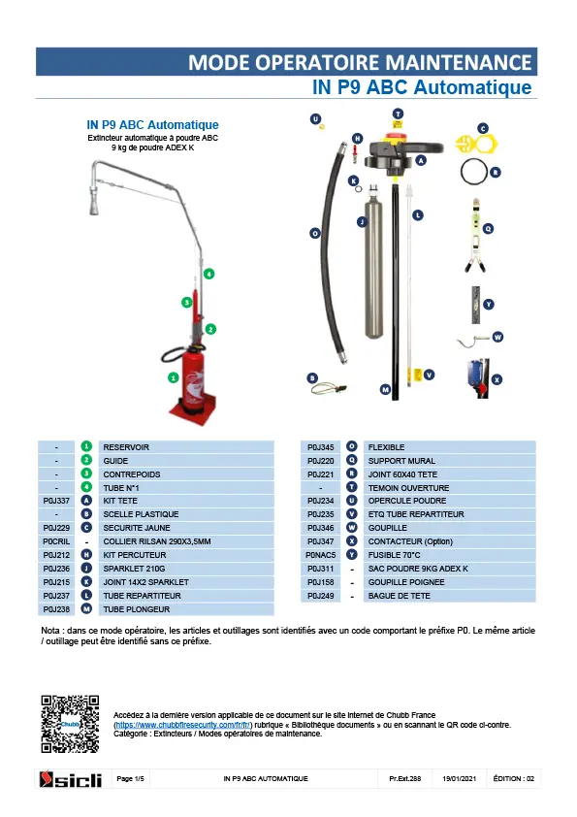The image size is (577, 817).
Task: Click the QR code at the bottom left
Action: click(x=70, y=724)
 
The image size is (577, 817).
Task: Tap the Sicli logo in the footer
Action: click(x=70, y=779)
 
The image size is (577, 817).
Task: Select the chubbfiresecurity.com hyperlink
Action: click(x=182, y=725)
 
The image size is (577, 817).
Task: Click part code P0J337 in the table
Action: click(x=56, y=501)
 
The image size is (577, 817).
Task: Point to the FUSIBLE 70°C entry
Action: click(x=395, y=555)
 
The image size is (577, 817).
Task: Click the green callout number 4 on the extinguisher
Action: click(x=208, y=274)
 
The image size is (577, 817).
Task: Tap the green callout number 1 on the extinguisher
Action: click(x=174, y=377)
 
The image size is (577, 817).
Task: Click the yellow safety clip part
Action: click(x=476, y=144)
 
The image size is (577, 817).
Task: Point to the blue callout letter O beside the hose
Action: click(x=315, y=233)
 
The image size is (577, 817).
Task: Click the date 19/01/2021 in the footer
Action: click(x=460, y=778)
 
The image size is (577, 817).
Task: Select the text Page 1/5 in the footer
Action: click(x=130, y=778)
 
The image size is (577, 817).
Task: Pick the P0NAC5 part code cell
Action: click(x=320, y=555)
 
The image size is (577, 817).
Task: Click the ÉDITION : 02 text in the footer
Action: click(x=513, y=778)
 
